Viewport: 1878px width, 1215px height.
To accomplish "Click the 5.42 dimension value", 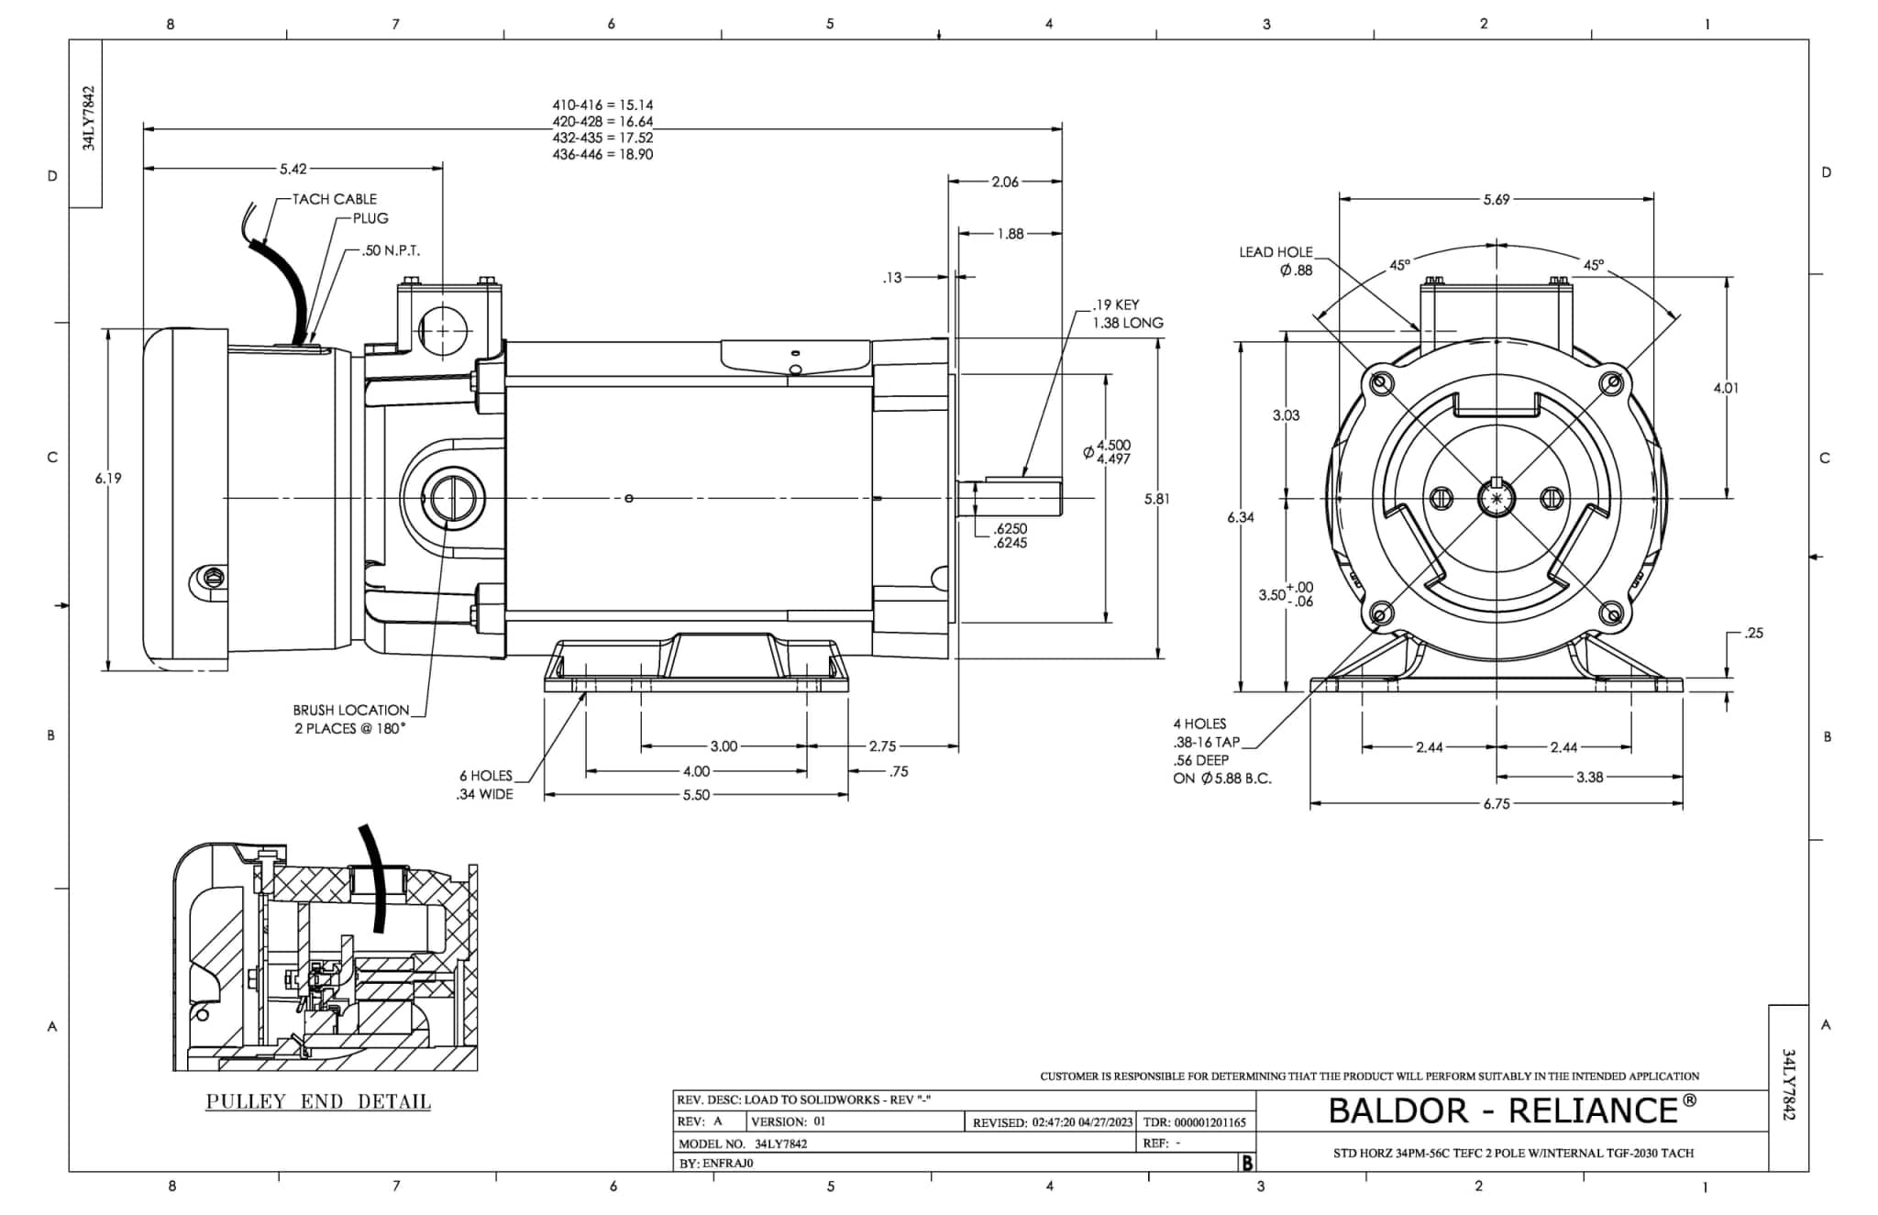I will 293,169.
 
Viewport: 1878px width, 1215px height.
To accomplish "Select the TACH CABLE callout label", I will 334,199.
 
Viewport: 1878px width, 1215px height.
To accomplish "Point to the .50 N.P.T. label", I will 391,250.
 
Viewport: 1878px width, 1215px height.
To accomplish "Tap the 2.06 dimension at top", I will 1005,182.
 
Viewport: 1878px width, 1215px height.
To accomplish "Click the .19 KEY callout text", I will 1116,304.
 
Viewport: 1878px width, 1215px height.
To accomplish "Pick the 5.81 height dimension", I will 1157,499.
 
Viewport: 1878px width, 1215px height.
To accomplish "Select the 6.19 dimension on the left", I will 108,478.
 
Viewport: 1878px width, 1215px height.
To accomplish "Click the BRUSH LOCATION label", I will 351,710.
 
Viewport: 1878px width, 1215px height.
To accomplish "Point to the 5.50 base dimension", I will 696,795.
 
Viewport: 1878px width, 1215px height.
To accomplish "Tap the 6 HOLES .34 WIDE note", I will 485,785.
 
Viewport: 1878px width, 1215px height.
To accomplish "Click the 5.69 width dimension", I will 1497,199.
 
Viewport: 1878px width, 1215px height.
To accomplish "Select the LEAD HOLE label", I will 1276,252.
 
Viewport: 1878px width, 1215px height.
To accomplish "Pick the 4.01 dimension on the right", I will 1726,388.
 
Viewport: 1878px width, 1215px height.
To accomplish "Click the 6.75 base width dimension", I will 1497,804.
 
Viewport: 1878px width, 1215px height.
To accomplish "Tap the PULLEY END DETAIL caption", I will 318,1101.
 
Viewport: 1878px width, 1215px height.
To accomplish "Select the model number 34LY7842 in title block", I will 781,1143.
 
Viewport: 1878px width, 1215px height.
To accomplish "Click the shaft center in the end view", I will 1497,498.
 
